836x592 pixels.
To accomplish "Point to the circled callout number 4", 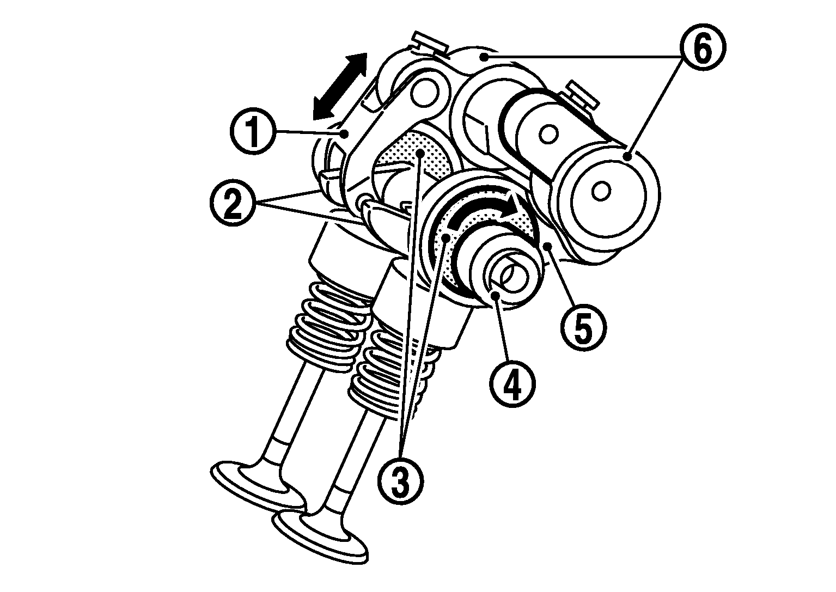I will tap(512, 384).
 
